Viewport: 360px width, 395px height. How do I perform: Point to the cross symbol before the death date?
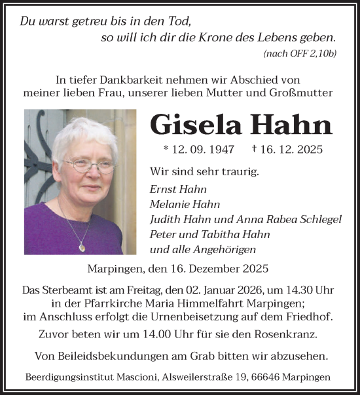(253, 148)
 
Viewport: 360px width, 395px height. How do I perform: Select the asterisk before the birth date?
(166, 150)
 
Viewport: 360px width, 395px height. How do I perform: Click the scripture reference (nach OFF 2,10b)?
(300, 53)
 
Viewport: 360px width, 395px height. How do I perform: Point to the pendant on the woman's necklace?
(81, 247)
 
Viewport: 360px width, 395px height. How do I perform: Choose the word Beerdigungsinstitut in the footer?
(68, 377)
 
